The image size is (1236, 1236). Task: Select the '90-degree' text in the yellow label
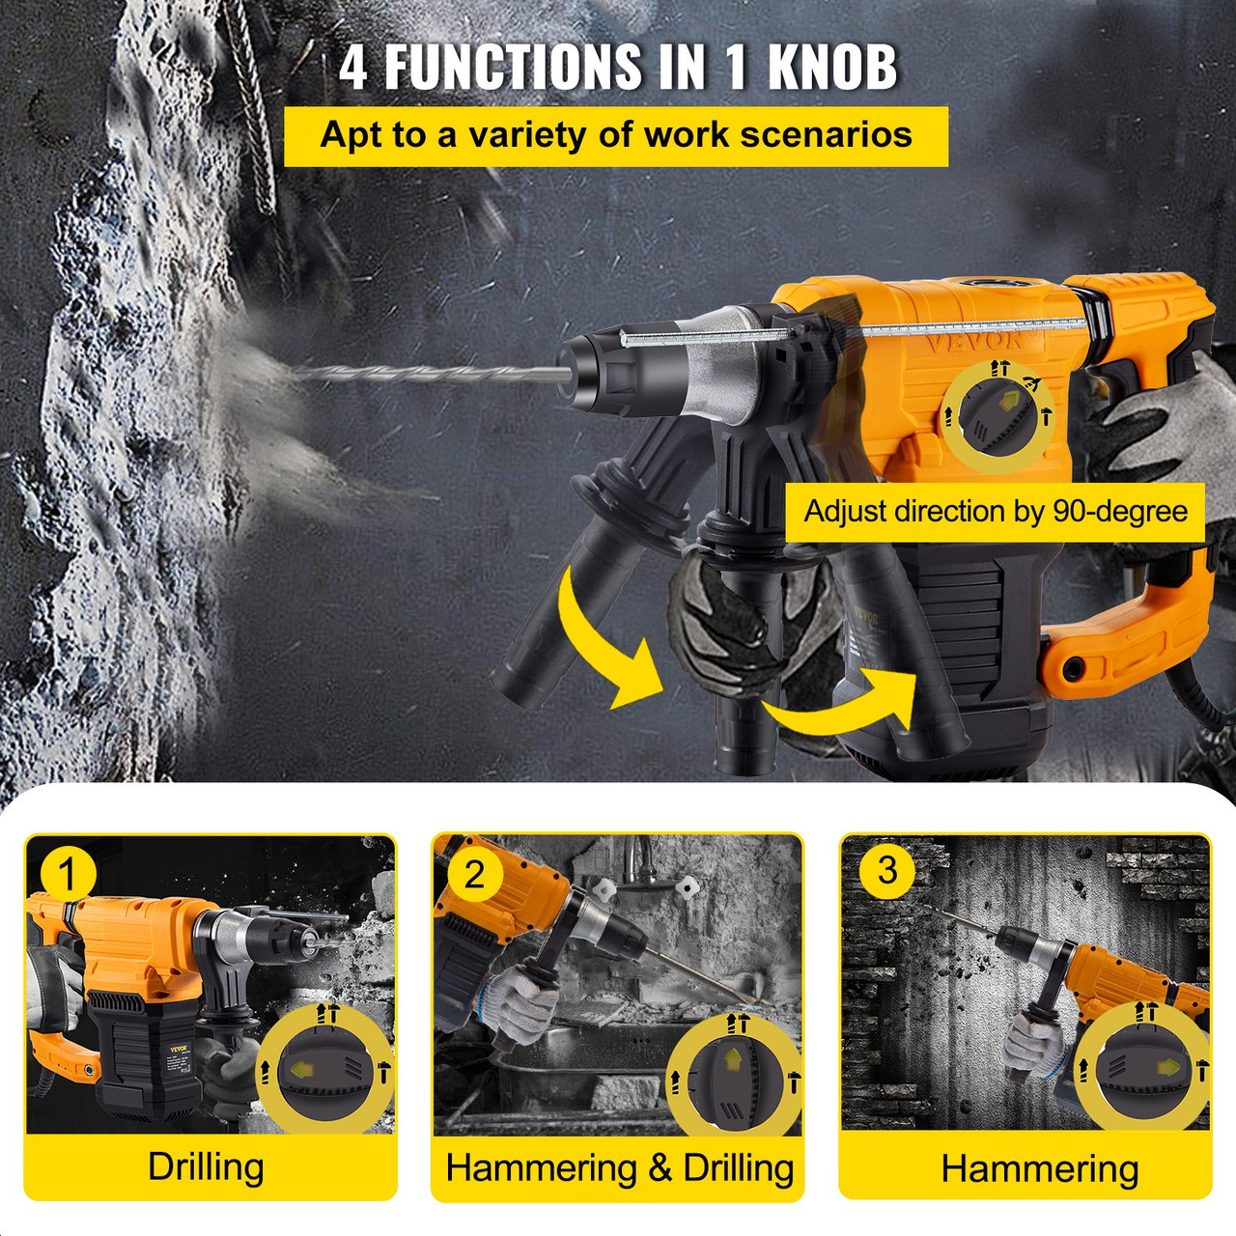(x=1120, y=511)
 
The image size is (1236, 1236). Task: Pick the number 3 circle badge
(x=886, y=869)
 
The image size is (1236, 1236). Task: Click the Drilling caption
(x=206, y=1166)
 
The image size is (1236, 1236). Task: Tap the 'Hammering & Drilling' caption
(x=619, y=1167)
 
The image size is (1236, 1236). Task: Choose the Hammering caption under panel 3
(x=1039, y=1168)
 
